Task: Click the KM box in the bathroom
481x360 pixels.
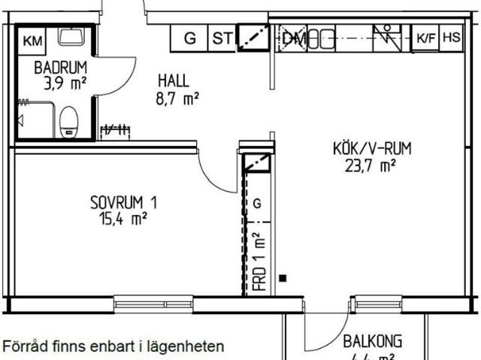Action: point(31,41)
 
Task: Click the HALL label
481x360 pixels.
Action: point(173,81)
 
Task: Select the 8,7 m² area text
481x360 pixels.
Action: point(177,97)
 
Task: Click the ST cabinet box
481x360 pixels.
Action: point(221,38)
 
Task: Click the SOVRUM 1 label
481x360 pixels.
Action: point(124,202)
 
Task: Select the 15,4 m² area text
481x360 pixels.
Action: point(123,219)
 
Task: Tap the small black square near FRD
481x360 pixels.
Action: point(283,279)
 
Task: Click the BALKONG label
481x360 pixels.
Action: point(373,340)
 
